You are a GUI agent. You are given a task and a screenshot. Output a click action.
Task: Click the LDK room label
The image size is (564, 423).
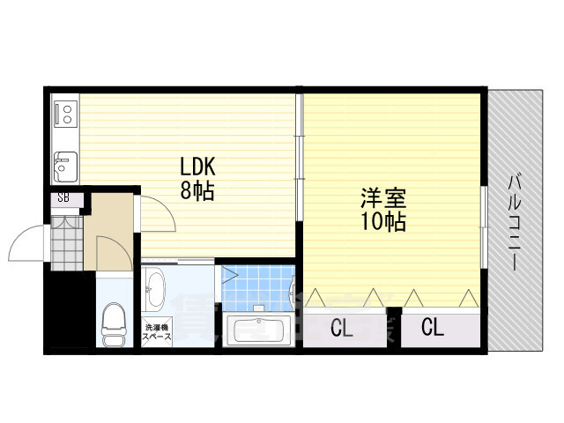[x=198, y=167]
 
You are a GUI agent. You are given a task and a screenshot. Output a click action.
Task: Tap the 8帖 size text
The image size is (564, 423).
[x=198, y=190]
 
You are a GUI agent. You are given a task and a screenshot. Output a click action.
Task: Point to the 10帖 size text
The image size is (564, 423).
[x=382, y=221]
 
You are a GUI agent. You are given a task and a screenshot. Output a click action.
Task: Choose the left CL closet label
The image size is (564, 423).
[x=343, y=329]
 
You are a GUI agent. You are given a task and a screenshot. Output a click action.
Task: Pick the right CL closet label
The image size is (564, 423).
[x=433, y=329]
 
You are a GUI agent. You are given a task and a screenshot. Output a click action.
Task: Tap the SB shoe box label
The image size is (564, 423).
[x=63, y=198]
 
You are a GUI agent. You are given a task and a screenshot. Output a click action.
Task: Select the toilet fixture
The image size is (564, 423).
[x=114, y=324]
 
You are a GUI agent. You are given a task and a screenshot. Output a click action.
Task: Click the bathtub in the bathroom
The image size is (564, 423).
[x=259, y=331]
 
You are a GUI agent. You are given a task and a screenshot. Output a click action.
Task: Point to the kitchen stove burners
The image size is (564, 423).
[x=64, y=113]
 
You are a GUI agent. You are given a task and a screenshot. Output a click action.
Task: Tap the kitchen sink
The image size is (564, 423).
[x=64, y=164]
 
